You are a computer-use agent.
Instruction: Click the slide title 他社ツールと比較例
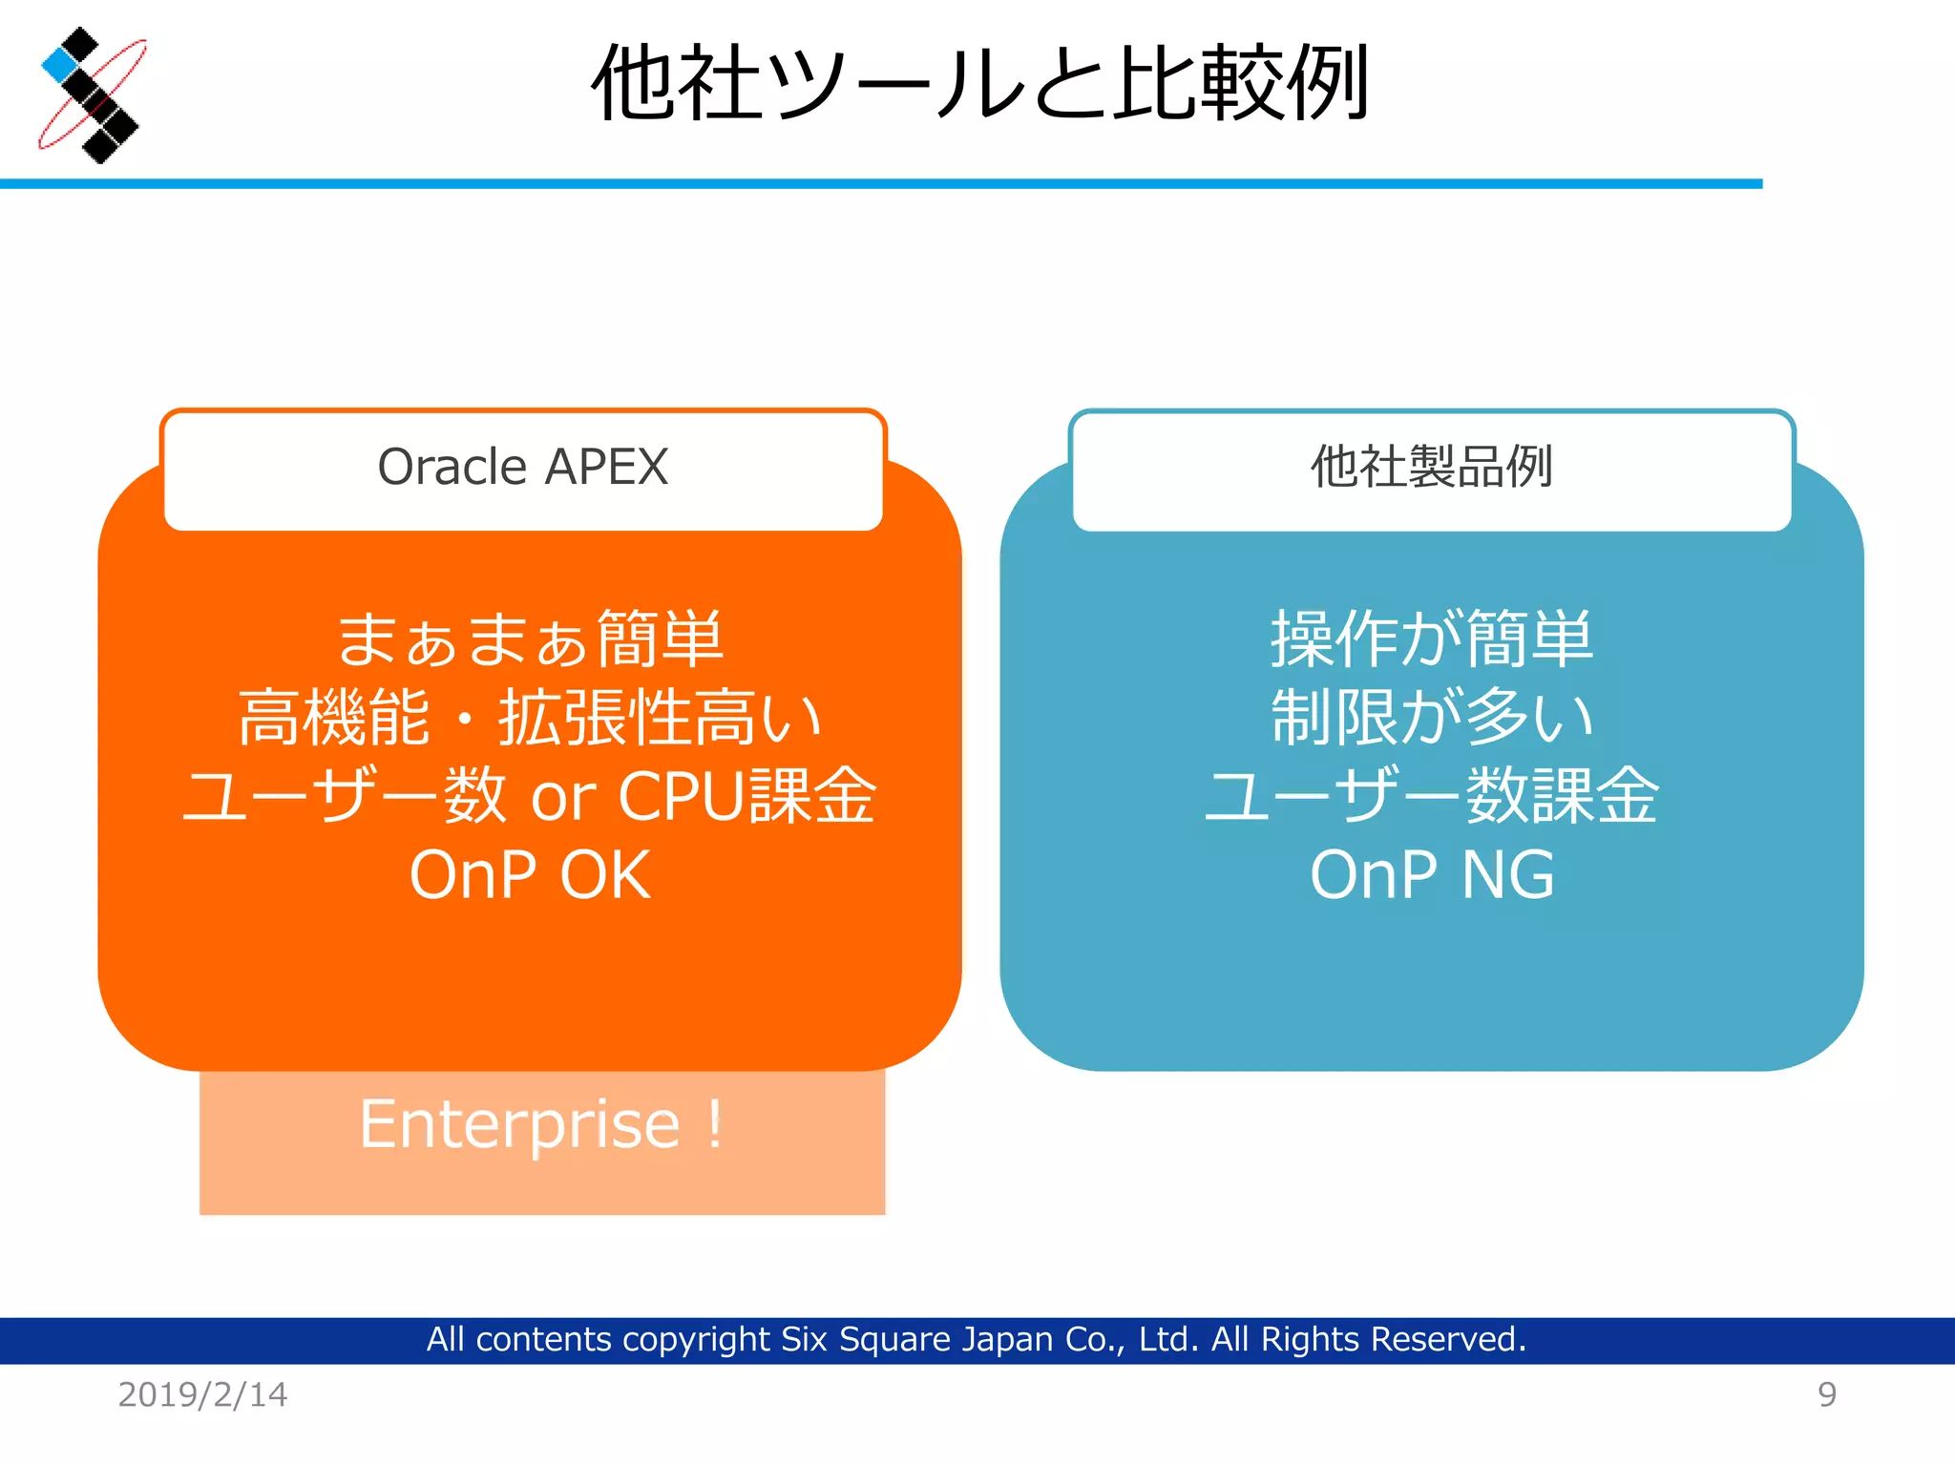[980, 84]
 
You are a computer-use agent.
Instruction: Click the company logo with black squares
[92, 95]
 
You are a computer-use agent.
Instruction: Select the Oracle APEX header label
[523, 468]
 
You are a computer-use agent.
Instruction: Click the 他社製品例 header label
[1431, 468]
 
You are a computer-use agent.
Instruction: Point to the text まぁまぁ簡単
[530, 639]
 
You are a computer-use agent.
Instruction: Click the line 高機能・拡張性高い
[530, 718]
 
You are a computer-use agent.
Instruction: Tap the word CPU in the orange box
[681, 796]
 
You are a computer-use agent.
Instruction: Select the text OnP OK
[530, 874]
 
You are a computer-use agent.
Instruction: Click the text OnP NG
[1432, 874]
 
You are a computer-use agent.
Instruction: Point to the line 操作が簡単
[1432, 639]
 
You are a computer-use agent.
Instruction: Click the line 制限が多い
[1432, 718]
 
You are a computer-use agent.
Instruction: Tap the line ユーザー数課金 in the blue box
[1432, 796]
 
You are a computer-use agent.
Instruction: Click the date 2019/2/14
[202, 1394]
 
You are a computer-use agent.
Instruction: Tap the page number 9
[1826, 1394]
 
